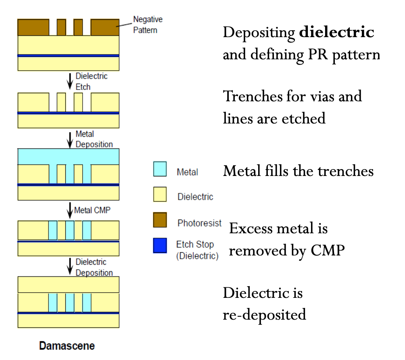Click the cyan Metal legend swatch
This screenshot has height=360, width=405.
[x=160, y=169]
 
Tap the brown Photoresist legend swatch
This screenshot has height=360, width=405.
[x=160, y=220]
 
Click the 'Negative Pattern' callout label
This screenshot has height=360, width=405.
[x=148, y=25]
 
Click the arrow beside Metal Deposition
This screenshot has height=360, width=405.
[x=70, y=139]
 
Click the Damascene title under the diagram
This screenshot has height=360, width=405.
[x=67, y=346]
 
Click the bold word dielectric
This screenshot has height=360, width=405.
[x=336, y=33]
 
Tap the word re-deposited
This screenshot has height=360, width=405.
[x=264, y=314]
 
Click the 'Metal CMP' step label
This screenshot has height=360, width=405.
[x=92, y=210]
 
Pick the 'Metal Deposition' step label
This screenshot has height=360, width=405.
[x=94, y=139]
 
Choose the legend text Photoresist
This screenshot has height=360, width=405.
[x=199, y=223]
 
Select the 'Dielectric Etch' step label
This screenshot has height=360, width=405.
[x=92, y=81]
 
